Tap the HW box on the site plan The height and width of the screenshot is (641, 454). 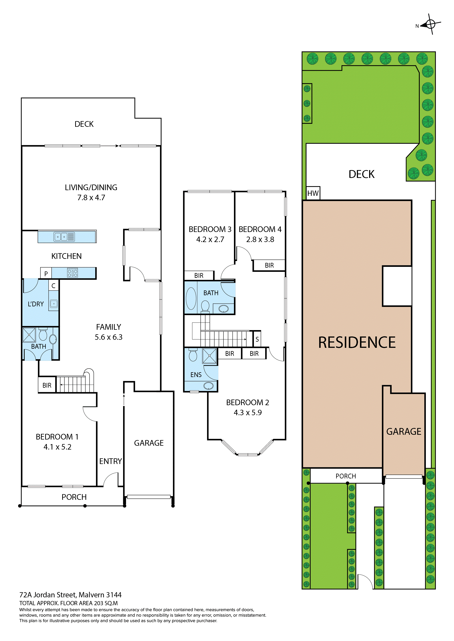(x=313, y=193)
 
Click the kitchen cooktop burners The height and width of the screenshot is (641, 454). (x=72, y=273)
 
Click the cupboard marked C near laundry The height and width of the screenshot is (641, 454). (x=53, y=286)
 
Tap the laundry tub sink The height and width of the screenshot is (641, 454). (x=54, y=303)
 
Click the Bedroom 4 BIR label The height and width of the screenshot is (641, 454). (x=269, y=265)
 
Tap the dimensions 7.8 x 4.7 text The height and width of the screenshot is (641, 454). (x=91, y=198)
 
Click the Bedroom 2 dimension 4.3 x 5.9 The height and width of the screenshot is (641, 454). (x=248, y=413)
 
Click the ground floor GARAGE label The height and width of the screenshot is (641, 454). (x=149, y=443)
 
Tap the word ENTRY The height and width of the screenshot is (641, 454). (x=110, y=461)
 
